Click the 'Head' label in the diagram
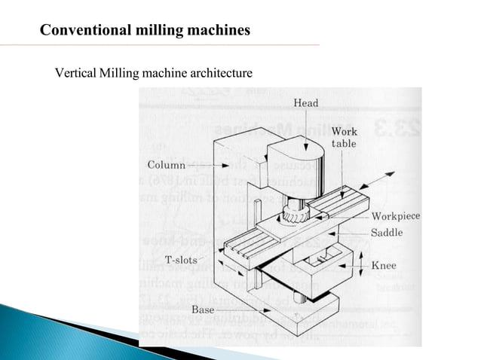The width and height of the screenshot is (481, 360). (x=305, y=103)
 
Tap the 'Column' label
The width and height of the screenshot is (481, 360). (x=166, y=164)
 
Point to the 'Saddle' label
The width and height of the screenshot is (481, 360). (x=387, y=233)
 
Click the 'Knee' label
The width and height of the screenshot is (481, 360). (x=383, y=266)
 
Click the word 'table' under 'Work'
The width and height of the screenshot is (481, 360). (x=345, y=144)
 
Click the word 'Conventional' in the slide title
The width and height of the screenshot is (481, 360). (x=84, y=31)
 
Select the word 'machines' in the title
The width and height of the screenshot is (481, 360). (x=219, y=31)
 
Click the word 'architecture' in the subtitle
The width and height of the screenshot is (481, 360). (x=217, y=74)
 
